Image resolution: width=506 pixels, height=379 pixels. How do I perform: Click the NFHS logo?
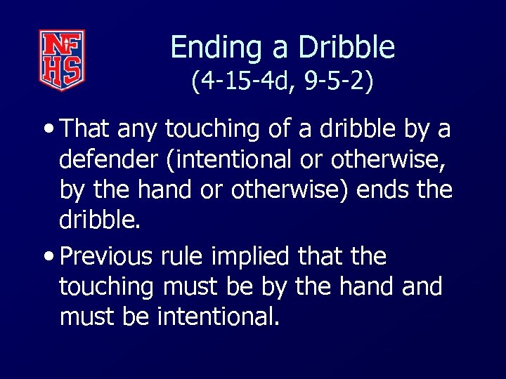62,60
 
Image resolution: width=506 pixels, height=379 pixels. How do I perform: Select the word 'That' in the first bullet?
86,129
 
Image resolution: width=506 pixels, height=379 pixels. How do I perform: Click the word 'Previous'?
106,256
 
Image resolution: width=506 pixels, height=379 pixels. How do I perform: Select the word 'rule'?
182,256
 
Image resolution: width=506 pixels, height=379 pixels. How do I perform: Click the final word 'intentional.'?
219,317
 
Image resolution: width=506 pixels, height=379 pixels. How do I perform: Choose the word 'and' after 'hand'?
420,286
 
